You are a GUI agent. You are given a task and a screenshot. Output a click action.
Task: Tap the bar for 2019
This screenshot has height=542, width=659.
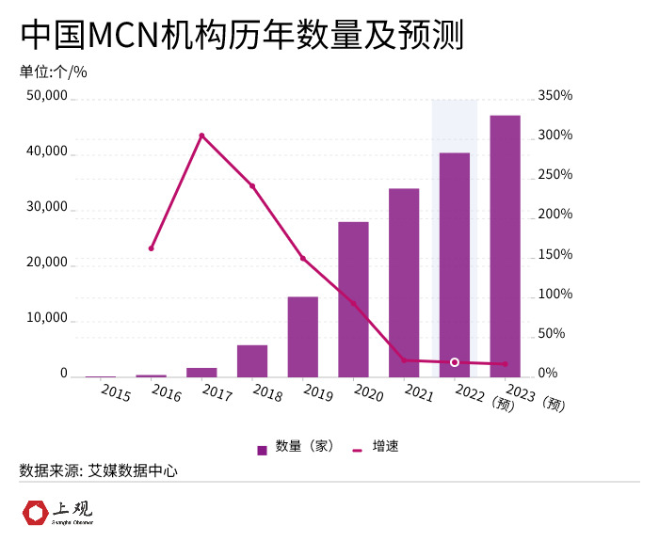click(x=302, y=337)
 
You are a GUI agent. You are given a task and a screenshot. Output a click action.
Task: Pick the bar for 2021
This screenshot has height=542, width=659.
click(x=404, y=282)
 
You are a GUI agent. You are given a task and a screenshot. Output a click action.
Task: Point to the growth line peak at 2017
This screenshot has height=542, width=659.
click(x=201, y=135)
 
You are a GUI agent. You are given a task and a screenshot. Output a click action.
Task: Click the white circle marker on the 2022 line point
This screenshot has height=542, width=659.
click(x=455, y=362)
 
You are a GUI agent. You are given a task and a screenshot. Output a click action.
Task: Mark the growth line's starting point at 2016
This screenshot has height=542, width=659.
click(x=152, y=248)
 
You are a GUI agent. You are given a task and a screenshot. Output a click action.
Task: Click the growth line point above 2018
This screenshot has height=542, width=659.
click(x=252, y=186)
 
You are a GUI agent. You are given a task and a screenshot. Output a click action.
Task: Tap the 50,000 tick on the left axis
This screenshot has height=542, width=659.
click(x=47, y=96)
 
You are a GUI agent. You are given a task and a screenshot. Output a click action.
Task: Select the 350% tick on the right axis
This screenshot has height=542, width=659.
click(x=555, y=96)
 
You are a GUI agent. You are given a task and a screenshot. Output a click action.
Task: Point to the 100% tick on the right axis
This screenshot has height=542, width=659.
click(x=555, y=295)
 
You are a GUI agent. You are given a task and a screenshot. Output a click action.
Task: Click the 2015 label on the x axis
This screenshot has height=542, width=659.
click(x=115, y=391)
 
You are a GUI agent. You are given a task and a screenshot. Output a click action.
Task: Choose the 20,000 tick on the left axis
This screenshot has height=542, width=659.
click(x=47, y=263)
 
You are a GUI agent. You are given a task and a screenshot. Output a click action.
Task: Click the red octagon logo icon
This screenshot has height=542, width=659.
click(x=35, y=513)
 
